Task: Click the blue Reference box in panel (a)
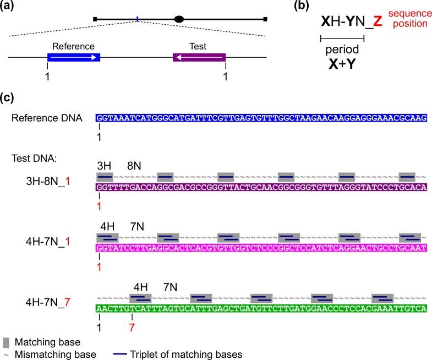74,57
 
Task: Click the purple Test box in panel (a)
199,57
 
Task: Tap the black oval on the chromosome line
179,19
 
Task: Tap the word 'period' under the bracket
339,48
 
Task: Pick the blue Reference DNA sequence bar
261,118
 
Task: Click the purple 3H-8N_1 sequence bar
261,187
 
